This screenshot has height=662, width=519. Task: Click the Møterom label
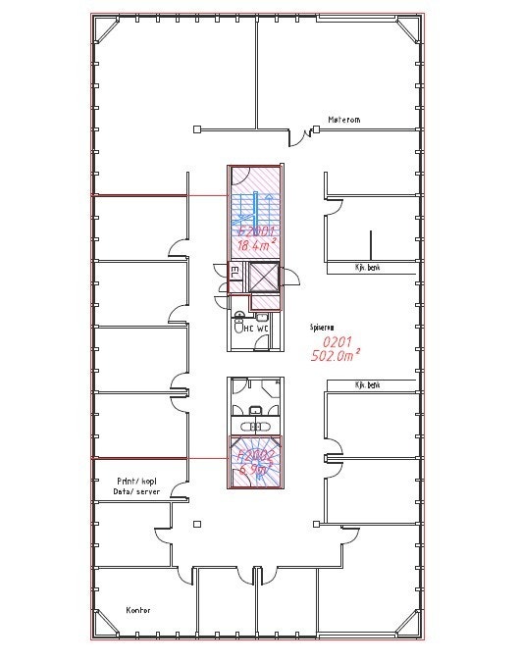[x=344, y=121]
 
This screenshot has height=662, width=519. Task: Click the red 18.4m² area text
[x=254, y=245]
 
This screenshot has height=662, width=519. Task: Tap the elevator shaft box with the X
[x=264, y=279]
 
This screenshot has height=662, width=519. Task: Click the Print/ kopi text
[x=137, y=482]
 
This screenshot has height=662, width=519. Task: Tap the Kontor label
[x=139, y=609]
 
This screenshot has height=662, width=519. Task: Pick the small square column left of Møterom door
[x=197, y=128]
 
